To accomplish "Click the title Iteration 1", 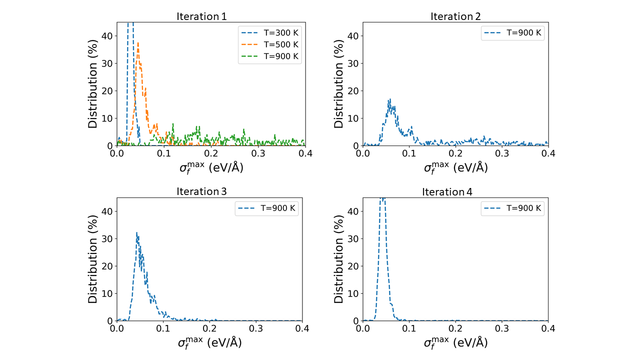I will coord(201,16).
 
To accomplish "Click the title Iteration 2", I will coord(455,16).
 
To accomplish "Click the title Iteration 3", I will coord(201,191).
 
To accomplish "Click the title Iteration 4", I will coord(447,191).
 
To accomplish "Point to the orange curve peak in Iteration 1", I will coord(137,43).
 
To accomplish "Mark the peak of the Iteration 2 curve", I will coord(389,99).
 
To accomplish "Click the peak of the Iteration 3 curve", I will coord(136,232).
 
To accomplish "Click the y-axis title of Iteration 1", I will coord(93,83).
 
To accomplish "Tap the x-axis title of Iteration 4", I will coord(455,342).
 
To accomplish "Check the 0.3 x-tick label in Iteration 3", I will coord(256,328).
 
